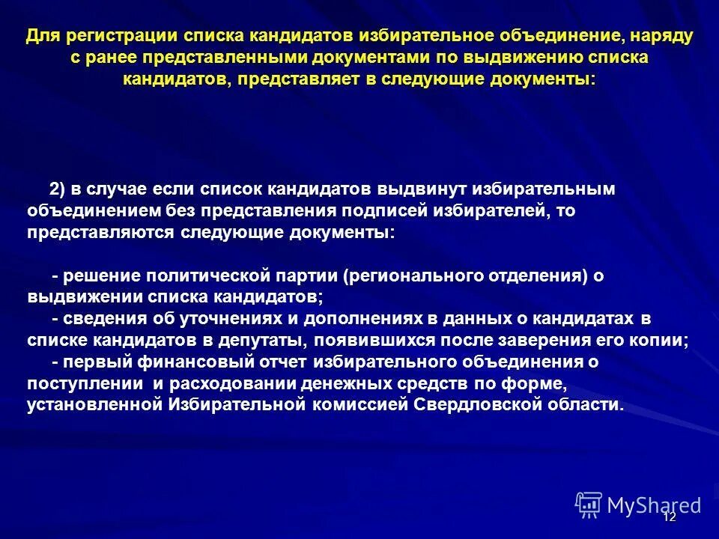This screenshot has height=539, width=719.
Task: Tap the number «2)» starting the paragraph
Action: click(58, 189)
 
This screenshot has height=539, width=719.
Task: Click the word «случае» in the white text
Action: click(117, 189)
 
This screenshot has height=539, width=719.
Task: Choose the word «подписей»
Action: click(387, 211)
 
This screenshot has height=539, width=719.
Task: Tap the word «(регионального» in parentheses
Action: click(414, 276)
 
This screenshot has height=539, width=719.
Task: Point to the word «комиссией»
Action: click(359, 406)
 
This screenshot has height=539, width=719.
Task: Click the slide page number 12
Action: click(670, 517)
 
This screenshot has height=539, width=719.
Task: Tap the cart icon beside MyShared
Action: click(589, 505)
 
